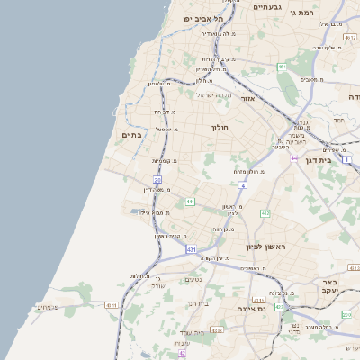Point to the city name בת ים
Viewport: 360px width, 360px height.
coord(131,135)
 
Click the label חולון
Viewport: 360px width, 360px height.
coord(221,128)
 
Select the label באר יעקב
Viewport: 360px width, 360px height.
coord(328,288)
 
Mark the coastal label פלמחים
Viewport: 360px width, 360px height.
coord(48,307)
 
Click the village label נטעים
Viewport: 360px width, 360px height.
coord(193,279)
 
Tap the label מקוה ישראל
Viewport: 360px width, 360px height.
coord(214,94)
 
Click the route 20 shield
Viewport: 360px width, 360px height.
coord(157,180)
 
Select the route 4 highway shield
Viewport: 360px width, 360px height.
coord(243,184)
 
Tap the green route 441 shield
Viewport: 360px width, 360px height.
coord(190,202)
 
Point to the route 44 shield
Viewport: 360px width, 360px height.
coord(294,157)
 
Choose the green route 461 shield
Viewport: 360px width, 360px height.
coord(282,67)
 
